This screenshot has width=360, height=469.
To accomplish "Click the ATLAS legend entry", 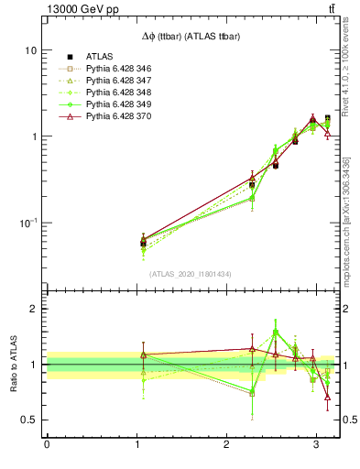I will coord(99,56).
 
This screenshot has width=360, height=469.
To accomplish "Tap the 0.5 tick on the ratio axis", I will coord(29,420).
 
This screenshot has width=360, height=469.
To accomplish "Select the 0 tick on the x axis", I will coord(47,446).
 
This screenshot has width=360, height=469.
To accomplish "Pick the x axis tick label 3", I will coord(316,446).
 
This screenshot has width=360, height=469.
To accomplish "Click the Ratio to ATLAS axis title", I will coord(12,364).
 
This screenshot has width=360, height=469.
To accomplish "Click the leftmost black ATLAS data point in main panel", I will coord(143,243).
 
